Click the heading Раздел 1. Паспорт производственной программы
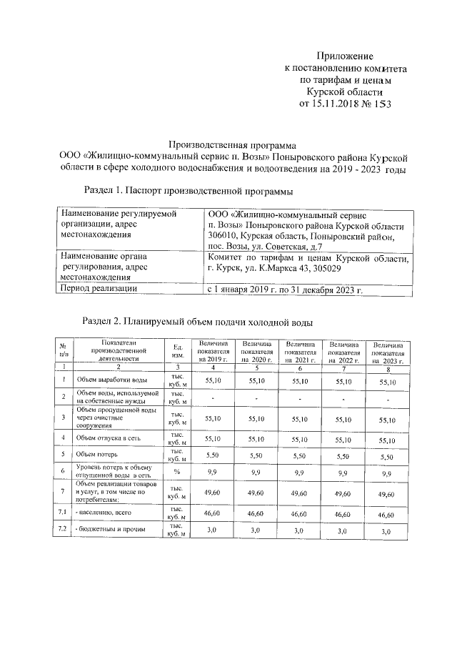[188, 190]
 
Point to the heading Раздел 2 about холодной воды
[198, 322]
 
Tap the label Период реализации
[99, 289]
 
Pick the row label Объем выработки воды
[112, 380]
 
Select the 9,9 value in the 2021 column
[300, 473]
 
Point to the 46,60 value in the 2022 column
[341, 513]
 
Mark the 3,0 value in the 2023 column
[386, 532]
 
